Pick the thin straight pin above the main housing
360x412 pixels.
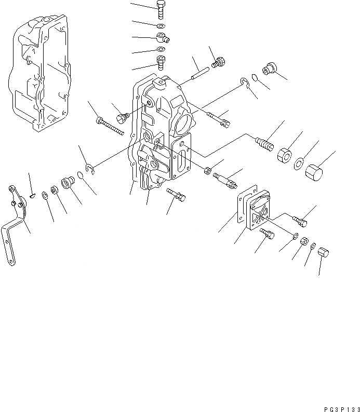(x=199, y=74)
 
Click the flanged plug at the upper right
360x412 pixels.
(x=270, y=69)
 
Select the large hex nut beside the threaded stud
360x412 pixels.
(x=283, y=155)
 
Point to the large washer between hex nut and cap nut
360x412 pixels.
(x=299, y=165)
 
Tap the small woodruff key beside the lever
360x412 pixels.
(x=33, y=196)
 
